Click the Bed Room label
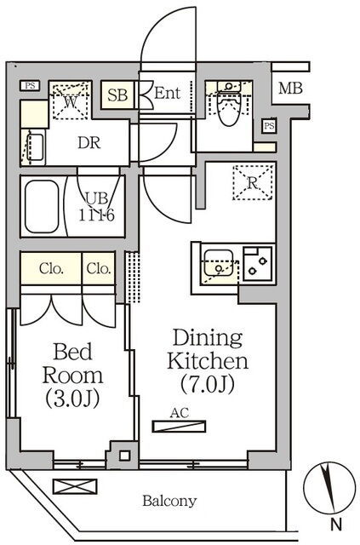(72, 375)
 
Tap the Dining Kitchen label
(208, 361)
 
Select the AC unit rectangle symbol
(179, 426)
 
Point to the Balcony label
(169, 501)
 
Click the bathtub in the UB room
(42, 206)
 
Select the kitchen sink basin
(218, 263)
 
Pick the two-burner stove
(258, 264)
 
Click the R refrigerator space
(253, 183)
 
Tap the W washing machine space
(71, 101)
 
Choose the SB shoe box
(117, 95)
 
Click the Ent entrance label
(167, 93)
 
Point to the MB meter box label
(290, 89)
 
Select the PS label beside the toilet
(269, 125)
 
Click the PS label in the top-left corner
(30, 85)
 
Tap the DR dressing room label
(89, 142)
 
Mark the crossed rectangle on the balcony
(75, 486)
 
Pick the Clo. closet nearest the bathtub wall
(51, 268)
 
